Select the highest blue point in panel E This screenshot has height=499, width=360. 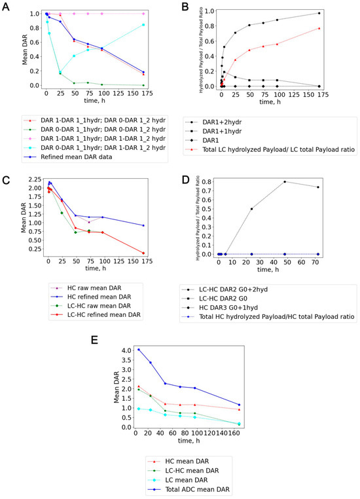point(120,350)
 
